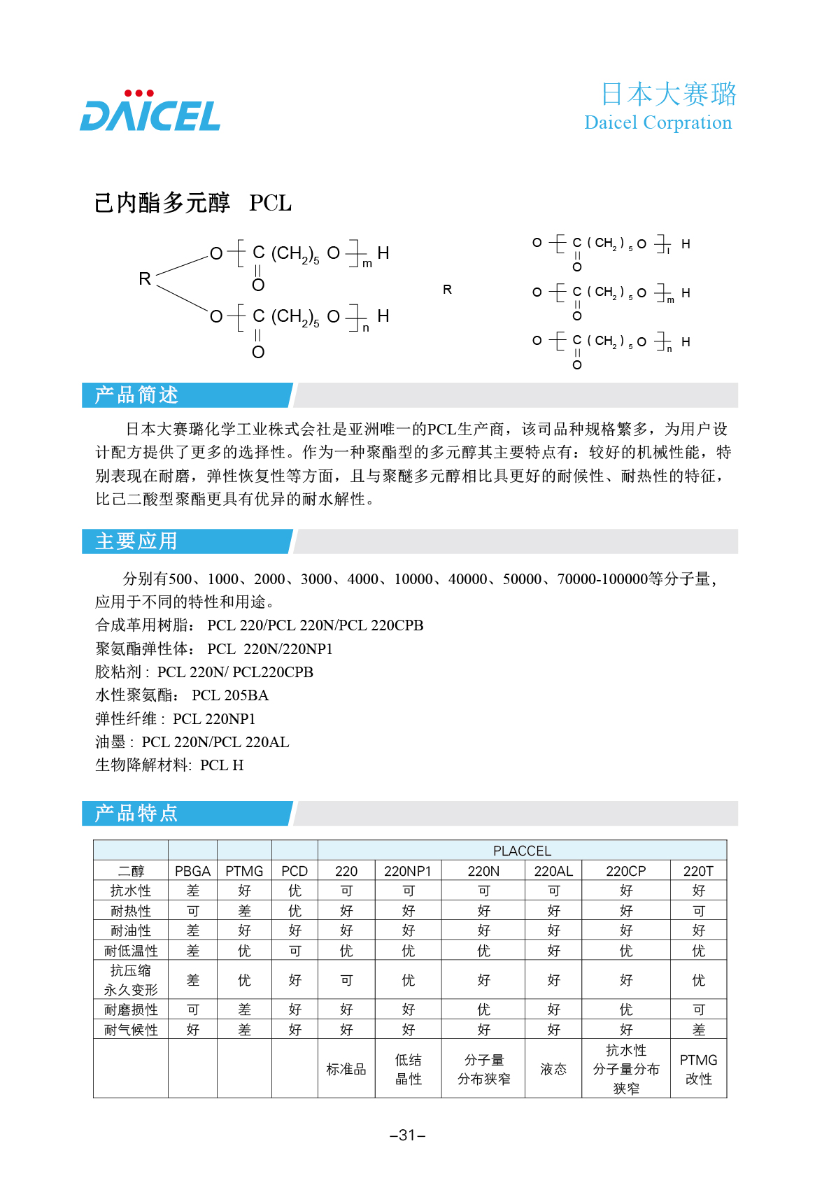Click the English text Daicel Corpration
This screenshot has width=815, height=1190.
[658, 122]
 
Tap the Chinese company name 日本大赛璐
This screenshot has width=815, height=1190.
[668, 94]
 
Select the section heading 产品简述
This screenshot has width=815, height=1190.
[137, 395]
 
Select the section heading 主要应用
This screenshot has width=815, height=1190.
[136, 541]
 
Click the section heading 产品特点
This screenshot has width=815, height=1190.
[136, 814]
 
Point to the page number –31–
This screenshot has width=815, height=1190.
[407, 1135]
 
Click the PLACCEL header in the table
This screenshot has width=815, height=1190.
[522, 851]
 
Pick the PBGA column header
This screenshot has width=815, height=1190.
[192, 871]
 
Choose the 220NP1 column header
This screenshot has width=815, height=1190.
[408, 871]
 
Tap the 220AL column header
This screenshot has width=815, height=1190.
[553, 871]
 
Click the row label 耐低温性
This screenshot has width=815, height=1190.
[131, 951]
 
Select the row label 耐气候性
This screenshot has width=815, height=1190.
[131, 1030]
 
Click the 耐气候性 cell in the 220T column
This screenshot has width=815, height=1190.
[698, 1030]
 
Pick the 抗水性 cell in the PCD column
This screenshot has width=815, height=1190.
[295, 891]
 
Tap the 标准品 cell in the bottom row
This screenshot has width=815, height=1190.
[346, 1069]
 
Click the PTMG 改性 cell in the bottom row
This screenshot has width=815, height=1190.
[698, 1069]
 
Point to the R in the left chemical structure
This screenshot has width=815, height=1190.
[145, 279]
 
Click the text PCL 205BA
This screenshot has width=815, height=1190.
[230, 695]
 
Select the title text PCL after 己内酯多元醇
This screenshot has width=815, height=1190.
[270, 204]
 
